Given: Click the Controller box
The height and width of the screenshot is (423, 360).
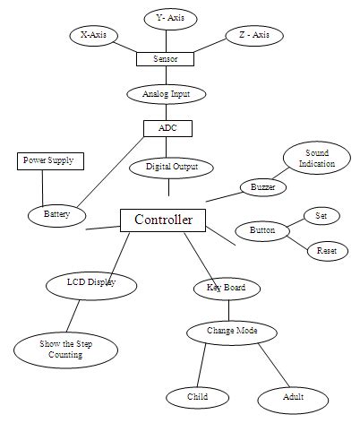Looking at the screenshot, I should pos(163,220).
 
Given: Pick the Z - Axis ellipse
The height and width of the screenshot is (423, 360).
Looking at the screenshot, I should pos(254,35).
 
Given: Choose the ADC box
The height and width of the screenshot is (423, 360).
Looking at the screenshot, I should pos(167,127).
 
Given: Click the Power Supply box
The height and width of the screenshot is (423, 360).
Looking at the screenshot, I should pos(51,161).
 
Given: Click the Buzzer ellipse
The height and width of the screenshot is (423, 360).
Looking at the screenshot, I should pos(262,187).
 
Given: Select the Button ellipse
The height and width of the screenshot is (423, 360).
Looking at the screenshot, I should pos(262,230).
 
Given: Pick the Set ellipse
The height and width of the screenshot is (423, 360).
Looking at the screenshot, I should pos(321,215).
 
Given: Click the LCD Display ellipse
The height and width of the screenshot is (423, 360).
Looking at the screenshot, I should pos(91,283).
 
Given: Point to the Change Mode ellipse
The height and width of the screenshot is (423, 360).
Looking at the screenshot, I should pos(233,331).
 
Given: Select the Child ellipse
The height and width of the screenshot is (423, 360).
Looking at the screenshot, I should pos(197,396).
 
